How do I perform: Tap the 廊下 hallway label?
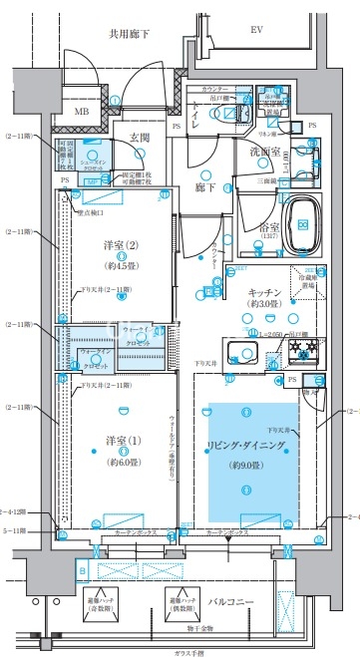click(x=206, y=186)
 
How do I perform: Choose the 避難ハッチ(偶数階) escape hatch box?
click(x=180, y=603)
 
